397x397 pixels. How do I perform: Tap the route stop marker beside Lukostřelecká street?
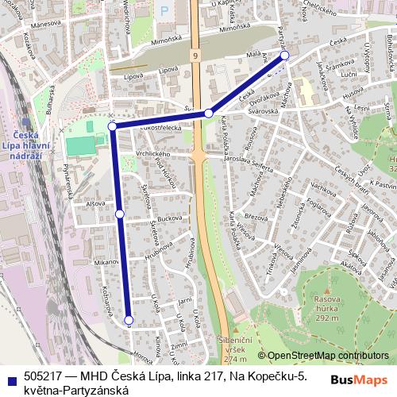point(113,126)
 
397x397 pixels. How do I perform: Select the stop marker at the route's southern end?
point(129,320)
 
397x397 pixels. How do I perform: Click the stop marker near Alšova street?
point(120,214)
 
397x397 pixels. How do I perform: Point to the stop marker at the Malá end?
point(285,56)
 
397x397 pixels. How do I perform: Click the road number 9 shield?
point(195,56)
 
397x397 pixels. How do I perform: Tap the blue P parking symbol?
point(165,10)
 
